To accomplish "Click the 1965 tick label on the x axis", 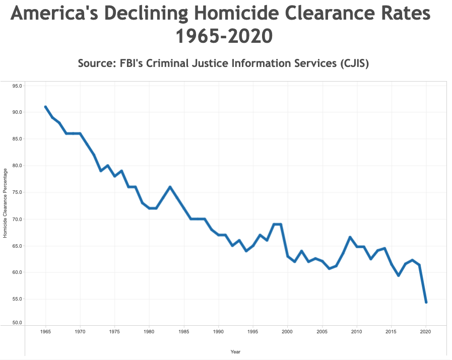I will pos(45,332).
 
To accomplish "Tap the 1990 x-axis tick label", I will pos(218,332).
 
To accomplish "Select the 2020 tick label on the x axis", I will pos(426,332).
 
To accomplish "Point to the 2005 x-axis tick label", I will pos(322,332).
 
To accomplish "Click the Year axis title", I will pos(235,351).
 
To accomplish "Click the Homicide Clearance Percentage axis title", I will pos(6,203).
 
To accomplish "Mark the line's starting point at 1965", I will pos(45,107).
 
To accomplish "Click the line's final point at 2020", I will pos(426,302).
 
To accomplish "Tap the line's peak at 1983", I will pos(170,187).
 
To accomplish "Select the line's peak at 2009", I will pos(350,237).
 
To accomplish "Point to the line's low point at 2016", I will pos(399,275).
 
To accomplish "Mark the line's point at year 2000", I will pos(288,256).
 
